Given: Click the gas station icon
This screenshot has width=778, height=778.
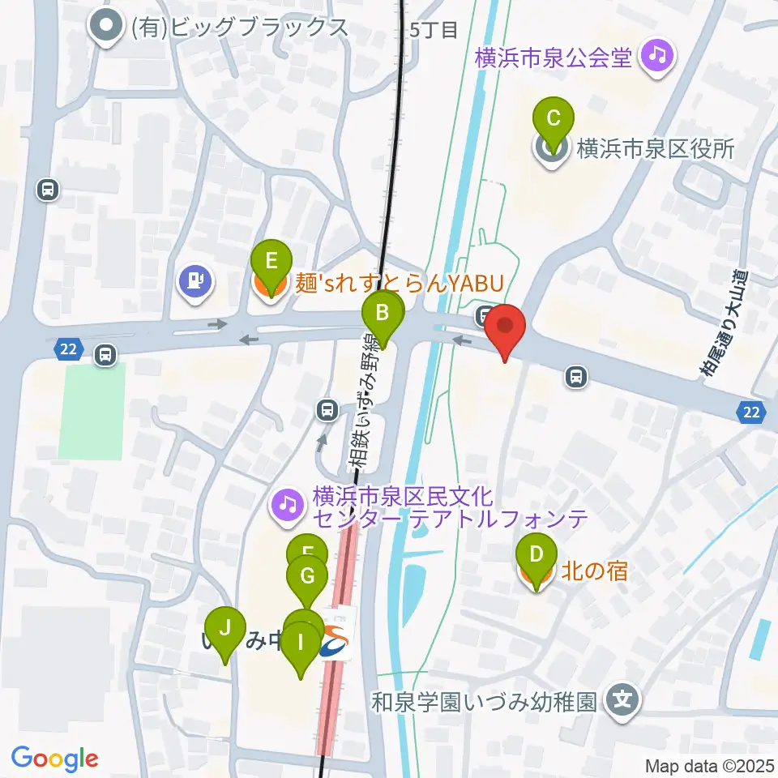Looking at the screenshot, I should coord(195,281).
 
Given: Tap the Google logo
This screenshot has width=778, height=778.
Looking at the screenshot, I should coord(54,759).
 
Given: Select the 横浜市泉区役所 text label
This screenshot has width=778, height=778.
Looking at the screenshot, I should coord(655,149).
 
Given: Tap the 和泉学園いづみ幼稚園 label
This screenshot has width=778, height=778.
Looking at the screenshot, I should coord(485,699).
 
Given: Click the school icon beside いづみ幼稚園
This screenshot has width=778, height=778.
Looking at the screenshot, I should coord(623,697).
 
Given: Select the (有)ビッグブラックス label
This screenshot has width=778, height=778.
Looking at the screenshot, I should coord(239,28).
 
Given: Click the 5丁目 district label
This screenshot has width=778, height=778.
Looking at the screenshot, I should coord(434,32).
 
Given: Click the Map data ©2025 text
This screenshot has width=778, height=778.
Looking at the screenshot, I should coord(708,765).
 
